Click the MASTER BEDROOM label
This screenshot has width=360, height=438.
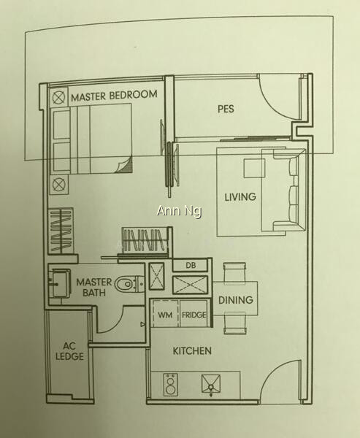click(114, 95)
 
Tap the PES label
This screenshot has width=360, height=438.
click(226, 109)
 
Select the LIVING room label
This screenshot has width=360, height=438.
click(240, 196)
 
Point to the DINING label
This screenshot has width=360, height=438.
click(236, 300)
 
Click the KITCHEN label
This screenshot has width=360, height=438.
click(192, 351)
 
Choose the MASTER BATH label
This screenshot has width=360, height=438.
click(94, 287)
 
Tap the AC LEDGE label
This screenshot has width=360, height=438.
click(69, 351)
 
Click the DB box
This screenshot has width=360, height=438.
click(190, 265)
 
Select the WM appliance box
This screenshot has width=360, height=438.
click(165, 313)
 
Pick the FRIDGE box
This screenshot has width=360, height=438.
click(194, 313)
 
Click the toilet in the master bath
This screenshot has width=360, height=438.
click(129, 284)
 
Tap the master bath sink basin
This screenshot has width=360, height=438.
click(59, 283)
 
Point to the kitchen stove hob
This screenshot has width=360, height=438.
click(170, 385)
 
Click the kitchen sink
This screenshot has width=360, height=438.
click(211, 384)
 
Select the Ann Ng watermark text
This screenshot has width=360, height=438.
click(179, 211)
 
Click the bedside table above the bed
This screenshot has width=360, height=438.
click(58, 97)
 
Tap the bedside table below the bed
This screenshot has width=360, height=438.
click(58, 185)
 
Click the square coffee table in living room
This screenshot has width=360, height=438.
click(254, 169)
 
